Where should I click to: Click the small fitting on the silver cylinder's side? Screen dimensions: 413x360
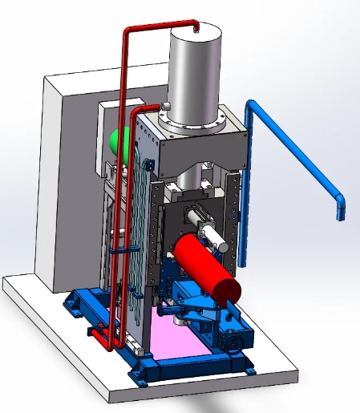pos(163,106)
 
